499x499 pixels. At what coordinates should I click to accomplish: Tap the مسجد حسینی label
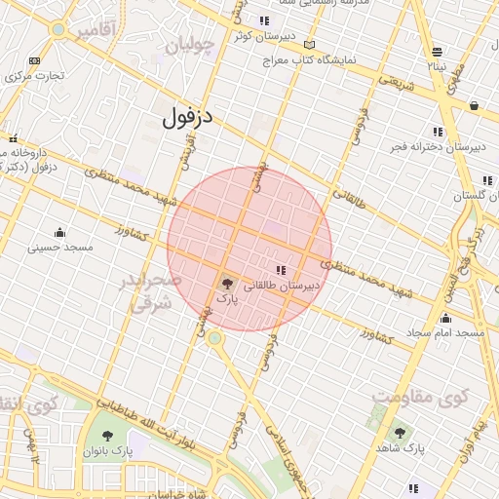(x=60, y=248)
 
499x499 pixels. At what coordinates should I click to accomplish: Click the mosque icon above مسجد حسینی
(x=60, y=232)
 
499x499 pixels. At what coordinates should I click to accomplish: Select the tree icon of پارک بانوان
(x=107, y=436)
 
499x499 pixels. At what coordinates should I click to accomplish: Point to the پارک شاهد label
(x=402, y=447)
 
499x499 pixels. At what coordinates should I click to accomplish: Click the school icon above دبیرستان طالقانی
(x=281, y=270)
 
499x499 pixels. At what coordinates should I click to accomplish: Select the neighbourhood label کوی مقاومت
(x=421, y=398)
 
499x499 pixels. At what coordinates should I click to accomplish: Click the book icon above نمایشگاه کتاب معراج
(x=310, y=45)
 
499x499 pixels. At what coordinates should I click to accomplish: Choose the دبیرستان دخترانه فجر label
(x=438, y=146)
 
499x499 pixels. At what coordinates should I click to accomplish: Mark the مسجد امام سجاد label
(x=446, y=333)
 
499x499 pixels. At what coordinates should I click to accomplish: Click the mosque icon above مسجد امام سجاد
(x=446, y=318)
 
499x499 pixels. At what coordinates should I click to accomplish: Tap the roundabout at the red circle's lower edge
(x=213, y=337)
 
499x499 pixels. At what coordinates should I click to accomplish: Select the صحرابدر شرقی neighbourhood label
(x=150, y=291)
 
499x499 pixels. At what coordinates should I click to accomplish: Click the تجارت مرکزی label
(x=34, y=75)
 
